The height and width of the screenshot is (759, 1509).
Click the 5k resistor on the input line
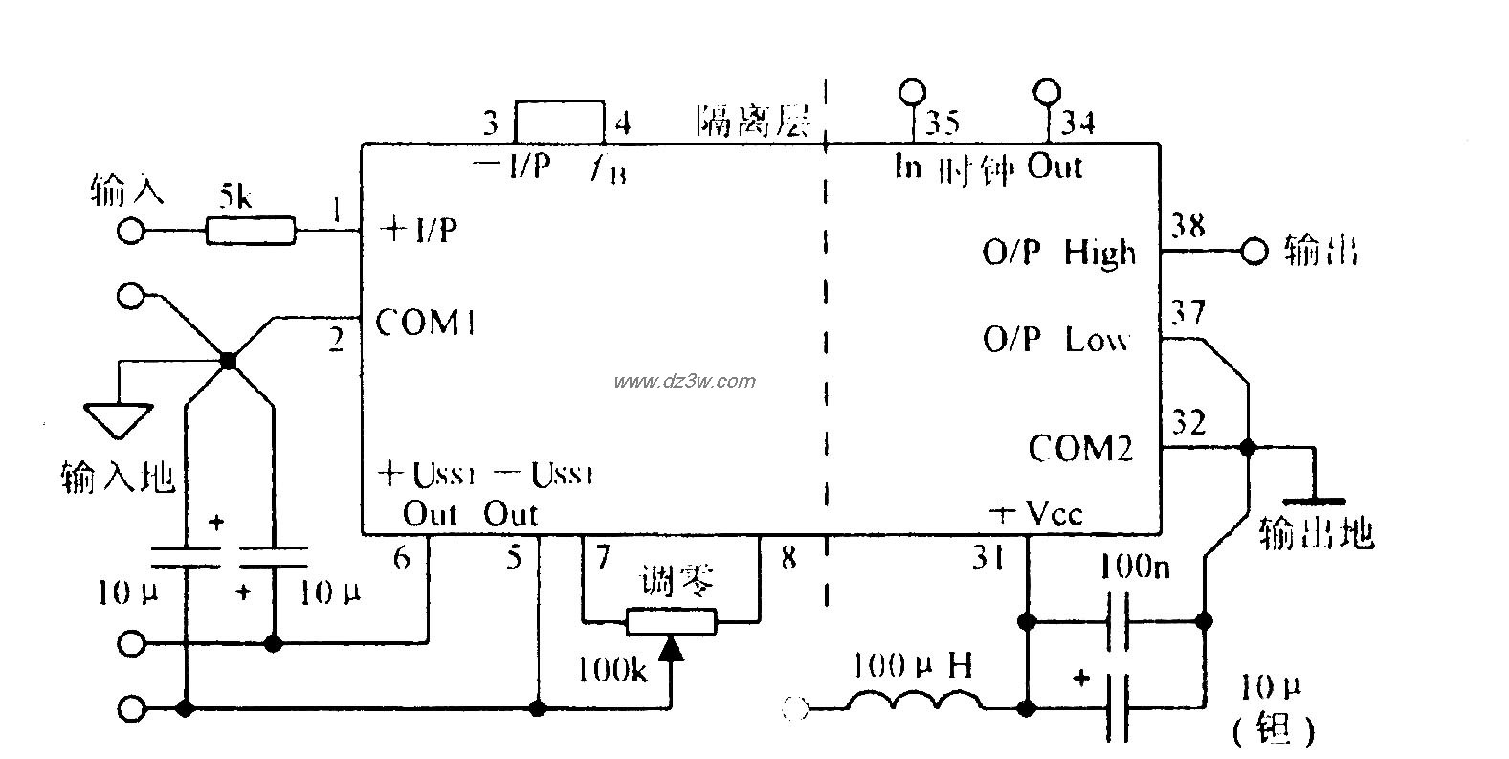pyautogui.click(x=251, y=231)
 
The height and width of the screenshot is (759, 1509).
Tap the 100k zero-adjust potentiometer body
pyautogui.click(x=672, y=622)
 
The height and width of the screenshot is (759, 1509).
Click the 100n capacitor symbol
pyautogui.click(x=1116, y=621)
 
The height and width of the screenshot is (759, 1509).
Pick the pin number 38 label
pyautogui.click(x=1187, y=227)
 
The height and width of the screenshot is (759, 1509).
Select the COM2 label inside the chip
pyautogui.click(x=1080, y=448)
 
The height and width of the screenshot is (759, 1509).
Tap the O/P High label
pyautogui.click(x=1059, y=253)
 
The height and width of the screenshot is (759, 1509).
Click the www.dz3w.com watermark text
pyautogui.click(x=684, y=381)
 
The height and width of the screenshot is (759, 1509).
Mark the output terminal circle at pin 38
pyautogui.click(x=1254, y=252)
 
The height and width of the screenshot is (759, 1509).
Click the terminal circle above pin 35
pyautogui.click(x=912, y=92)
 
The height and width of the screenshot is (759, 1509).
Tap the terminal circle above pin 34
pyautogui.click(x=1048, y=92)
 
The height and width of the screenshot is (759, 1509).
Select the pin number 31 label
pyautogui.click(x=988, y=557)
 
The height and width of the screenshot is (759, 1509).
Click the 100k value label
pyautogui.click(x=612, y=670)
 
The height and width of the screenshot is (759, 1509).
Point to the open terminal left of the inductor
pyautogui.click(x=795, y=709)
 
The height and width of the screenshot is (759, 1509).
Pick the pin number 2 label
pyautogui.click(x=336, y=340)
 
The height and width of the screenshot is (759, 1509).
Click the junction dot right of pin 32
pyautogui.click(x=1247, y=447)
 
